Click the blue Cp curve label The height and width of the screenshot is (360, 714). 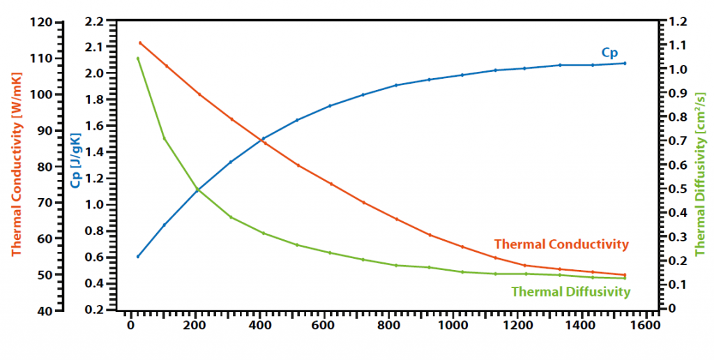609,52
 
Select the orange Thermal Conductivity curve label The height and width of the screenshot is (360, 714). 561,244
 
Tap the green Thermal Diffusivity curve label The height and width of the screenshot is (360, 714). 570,292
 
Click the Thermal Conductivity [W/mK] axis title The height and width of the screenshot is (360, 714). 16,165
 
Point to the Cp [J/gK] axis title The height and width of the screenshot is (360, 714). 75,165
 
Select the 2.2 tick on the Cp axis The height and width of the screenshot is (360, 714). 95,22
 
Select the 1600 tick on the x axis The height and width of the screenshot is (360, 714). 646,325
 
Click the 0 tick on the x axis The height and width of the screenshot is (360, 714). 130,325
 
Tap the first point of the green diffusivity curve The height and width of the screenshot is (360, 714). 138,58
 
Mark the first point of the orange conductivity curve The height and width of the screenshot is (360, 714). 140,43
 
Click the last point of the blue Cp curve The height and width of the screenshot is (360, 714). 625,63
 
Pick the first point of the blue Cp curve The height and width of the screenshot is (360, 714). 138,257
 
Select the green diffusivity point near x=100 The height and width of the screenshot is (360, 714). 164,138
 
